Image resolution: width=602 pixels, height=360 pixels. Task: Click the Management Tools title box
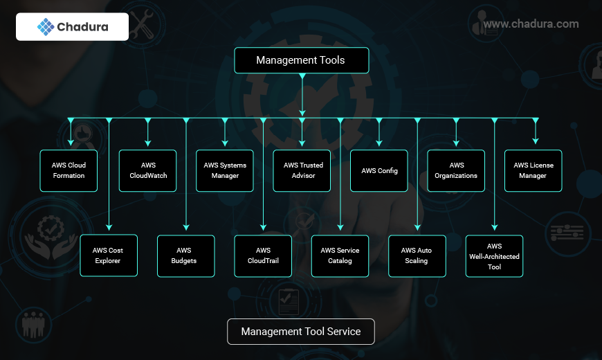pyautogui.click(x=301, y=60)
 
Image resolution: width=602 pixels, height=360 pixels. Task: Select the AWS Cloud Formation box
pyautogui.click(x=69, y=170)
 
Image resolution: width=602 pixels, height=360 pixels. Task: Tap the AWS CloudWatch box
pyautogui.click(x=148, y=170)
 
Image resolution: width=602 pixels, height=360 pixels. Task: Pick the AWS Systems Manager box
pyautogui.click(x=225, y=170)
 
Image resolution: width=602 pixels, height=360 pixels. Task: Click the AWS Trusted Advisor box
pyautogui.click(x=302, y=170)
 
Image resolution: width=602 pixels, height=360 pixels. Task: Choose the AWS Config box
pyautogui.click(x=379, y=170)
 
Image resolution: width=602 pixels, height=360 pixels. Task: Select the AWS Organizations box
pyautogui.click(x=456, y=170)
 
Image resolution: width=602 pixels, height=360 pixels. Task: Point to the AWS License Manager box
pyautogui.click(x=533, y=170)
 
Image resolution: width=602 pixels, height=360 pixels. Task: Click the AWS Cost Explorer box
pyautogui.click(x=108, y=255)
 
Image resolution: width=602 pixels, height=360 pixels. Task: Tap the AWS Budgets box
pyautogui.click(x=185, y=255)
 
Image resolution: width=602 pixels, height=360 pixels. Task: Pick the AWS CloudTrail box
pyautogui.click(x=263, y=255)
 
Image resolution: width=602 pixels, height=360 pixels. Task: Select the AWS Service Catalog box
pyautogui.click(x=340, y=255)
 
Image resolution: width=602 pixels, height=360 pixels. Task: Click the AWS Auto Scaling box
pyautogui.click(x=417, y=255)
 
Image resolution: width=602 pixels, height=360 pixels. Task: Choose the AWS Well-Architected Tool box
pyautogui.click(x=494, y=255)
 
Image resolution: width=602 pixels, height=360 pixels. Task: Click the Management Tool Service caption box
pyautogui.click(x=301, y=332)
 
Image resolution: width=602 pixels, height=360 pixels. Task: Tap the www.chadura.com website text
pyautogui.click(x=531, y=24)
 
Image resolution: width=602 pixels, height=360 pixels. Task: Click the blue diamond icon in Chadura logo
pyautogui.click(x=46, y=27)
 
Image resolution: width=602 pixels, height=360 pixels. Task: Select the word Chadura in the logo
pyautogui.click(x=83, y=27)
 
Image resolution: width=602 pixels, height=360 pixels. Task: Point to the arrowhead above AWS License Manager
pyautogui.click(x=536, y=141)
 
